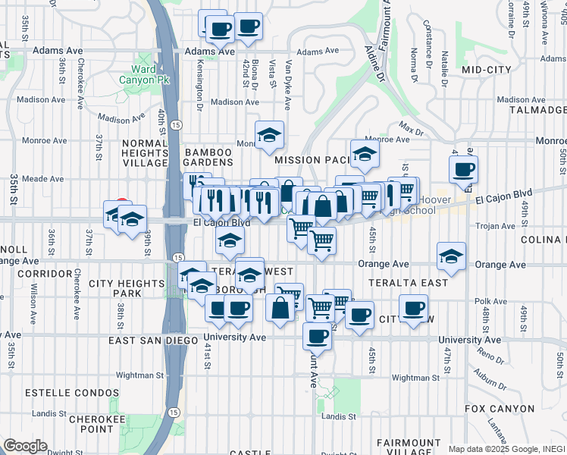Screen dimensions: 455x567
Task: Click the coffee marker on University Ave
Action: coord(317,335)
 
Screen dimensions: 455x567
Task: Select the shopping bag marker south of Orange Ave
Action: coord(280,307)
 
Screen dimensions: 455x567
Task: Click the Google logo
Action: coord(25,446)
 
